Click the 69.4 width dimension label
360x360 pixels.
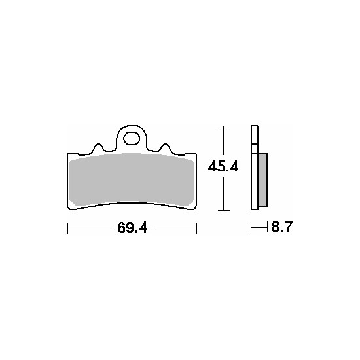132,228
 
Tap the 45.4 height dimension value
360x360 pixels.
223,167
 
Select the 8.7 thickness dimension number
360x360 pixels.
282,227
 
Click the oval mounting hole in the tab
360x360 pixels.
132,139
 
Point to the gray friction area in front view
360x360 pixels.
132,179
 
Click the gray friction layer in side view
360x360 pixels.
262,179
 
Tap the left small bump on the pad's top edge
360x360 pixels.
98,147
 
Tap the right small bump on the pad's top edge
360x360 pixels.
166,147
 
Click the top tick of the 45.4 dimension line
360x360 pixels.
223,126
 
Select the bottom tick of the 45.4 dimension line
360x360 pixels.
223,210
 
